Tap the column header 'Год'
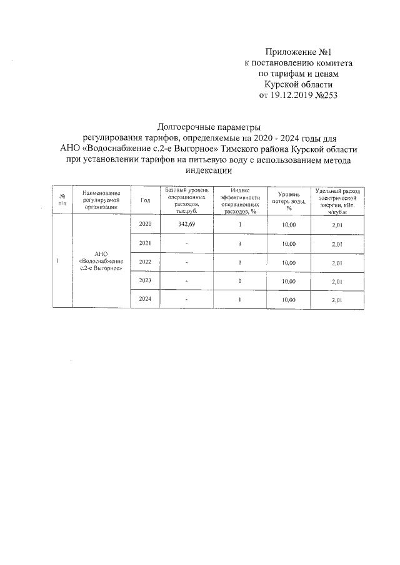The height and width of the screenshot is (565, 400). point(146,200)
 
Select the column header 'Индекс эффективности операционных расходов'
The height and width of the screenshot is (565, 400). point(240,200)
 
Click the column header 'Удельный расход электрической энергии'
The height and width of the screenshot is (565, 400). point(337,200)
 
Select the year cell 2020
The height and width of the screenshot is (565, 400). point(146,224)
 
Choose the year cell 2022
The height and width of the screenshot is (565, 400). point(146,262)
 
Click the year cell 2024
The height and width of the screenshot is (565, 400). point(146,299)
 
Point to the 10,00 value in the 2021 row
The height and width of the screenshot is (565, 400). point(289,243)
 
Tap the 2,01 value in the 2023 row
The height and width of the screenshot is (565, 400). point(337,282)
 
